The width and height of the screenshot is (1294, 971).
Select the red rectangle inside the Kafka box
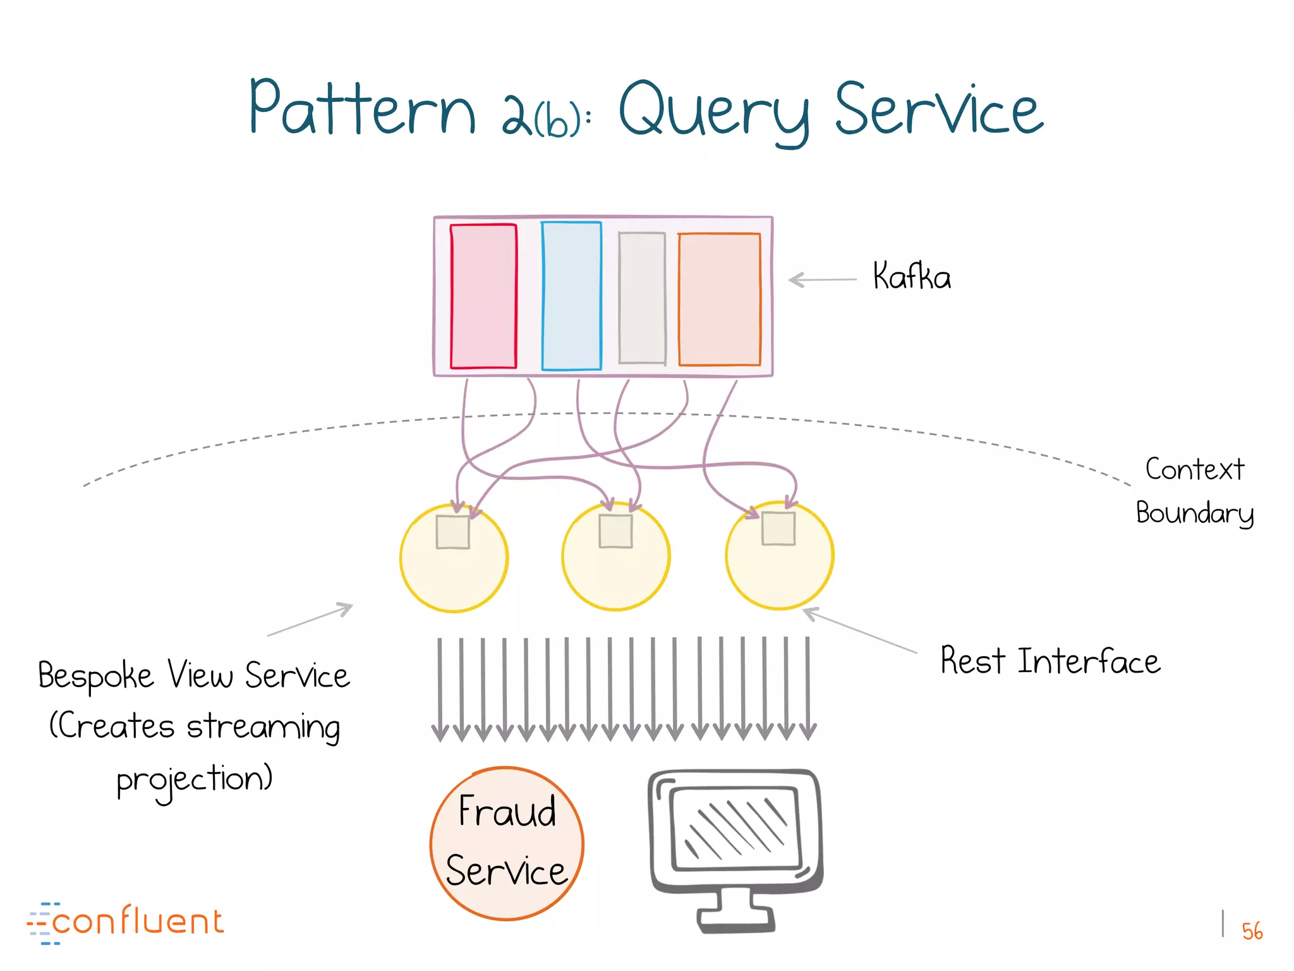click(483, 296)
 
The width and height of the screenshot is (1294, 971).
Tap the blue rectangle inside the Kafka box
click(571, 296)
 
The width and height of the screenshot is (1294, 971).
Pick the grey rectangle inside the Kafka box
click(642, 298)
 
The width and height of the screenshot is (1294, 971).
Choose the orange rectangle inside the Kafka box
click(719, 299)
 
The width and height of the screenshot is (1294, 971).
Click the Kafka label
click(911, 276)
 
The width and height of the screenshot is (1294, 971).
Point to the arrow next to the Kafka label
click(822, 279)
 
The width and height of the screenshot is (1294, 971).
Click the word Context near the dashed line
click(1194, 470)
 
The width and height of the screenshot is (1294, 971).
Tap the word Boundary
click(1194, 513)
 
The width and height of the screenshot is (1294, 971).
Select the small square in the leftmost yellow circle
click(452, 532)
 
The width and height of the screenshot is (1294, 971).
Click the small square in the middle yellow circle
click(615, 531)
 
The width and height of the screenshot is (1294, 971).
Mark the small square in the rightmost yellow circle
click(778, 528)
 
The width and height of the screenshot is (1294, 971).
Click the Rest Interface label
click(1049, 661)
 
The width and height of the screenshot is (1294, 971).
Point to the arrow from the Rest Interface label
click(859, 631)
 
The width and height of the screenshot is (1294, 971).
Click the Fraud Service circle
click(507, 843)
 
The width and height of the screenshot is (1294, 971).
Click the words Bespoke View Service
click(193, 675)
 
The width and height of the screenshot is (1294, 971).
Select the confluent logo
click(126, 922)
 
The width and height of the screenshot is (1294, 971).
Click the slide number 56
click(1251, 931)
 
